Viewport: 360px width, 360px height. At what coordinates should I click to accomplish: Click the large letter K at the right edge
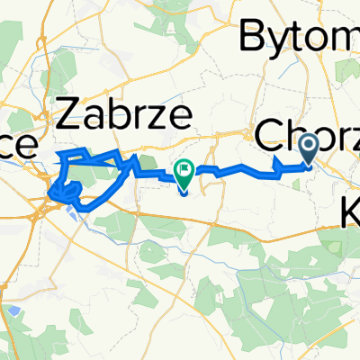tap(351, 214)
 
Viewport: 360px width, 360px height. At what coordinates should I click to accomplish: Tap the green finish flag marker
tap(184, 172)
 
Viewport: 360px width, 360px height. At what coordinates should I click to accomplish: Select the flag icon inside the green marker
tap(184, 167)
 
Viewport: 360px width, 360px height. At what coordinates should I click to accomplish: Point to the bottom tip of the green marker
tap(184, 192)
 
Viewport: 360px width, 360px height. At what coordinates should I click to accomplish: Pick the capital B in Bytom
tap(251, 36)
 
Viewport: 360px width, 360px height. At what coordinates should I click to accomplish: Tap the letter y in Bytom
tap(274, 40)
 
